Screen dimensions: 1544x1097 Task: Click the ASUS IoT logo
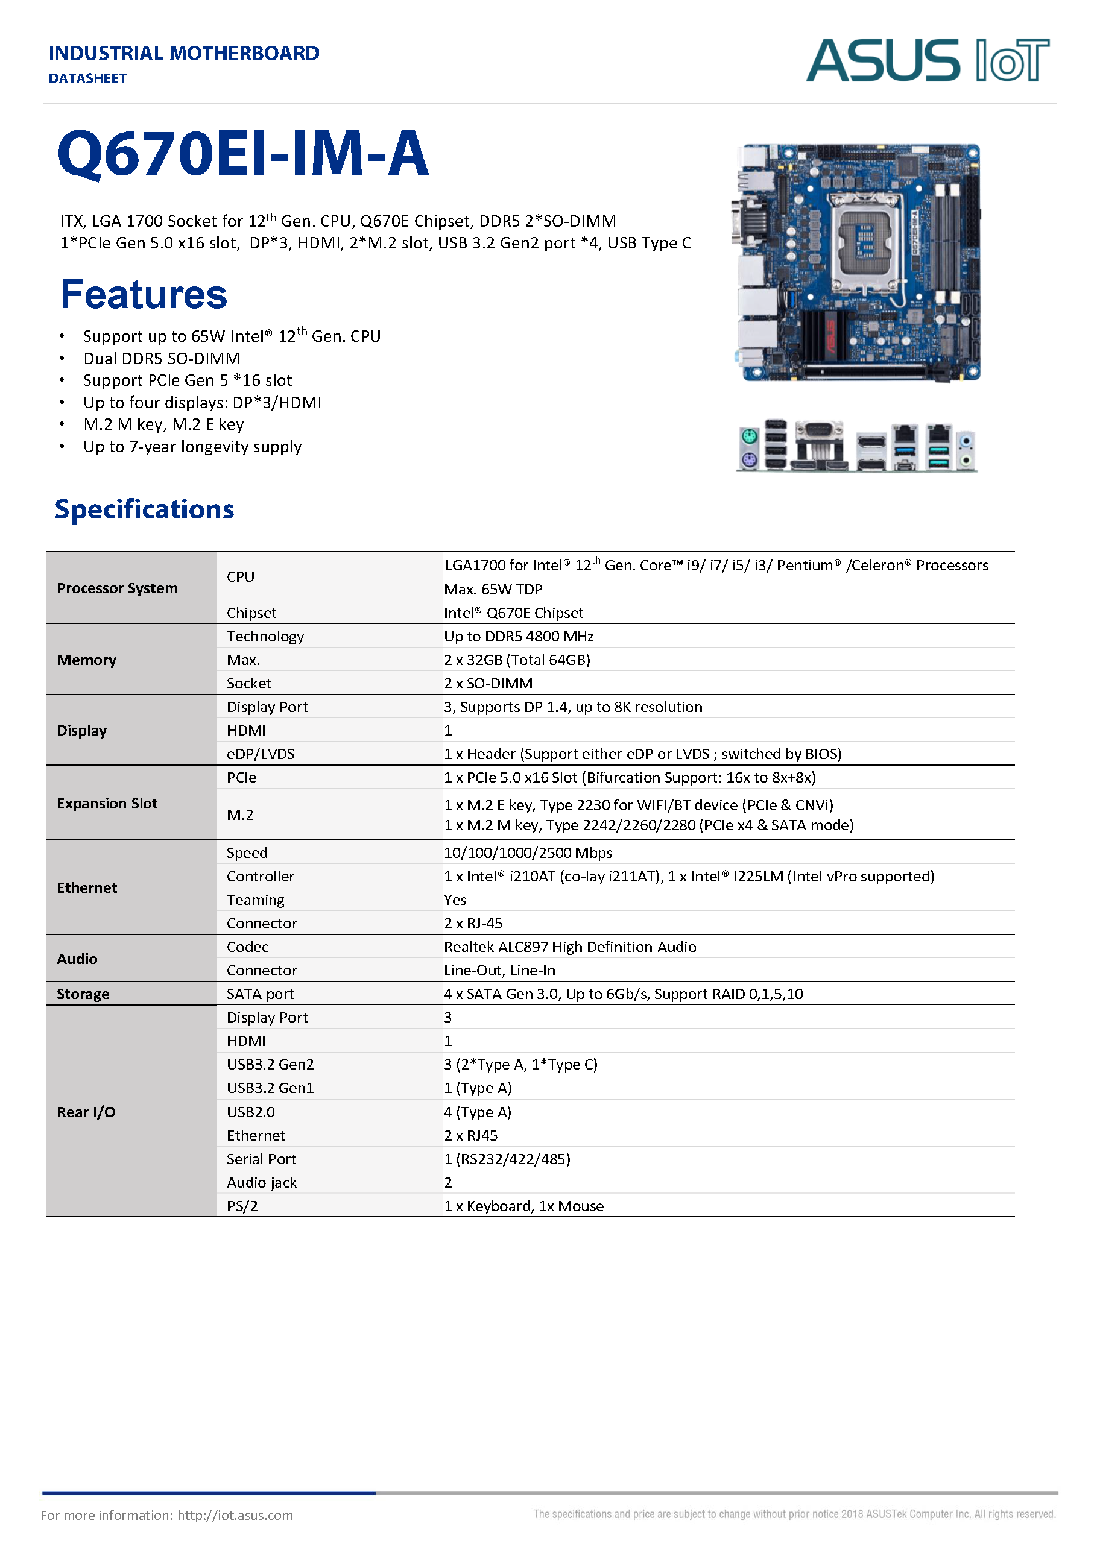927,60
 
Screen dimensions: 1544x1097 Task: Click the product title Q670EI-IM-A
243,154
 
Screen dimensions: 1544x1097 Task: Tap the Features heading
144,294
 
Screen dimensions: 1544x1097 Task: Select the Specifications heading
145,509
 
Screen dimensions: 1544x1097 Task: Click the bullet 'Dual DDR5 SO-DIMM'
162,359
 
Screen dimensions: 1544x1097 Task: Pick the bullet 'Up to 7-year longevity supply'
192,447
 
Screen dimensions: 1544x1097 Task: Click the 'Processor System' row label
118,588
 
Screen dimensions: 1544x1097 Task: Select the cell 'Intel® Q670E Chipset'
513,613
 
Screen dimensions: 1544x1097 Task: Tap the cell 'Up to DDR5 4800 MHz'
519,636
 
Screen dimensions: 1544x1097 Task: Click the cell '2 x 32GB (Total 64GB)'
517,660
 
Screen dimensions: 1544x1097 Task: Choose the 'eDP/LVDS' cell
261,754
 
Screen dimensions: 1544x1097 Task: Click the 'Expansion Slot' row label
107,804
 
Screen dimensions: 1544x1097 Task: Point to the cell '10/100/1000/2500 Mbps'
528,852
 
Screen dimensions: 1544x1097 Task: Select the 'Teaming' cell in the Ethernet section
255,900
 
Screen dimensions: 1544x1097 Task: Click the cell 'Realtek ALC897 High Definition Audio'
570,947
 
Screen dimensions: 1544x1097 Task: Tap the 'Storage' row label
83,994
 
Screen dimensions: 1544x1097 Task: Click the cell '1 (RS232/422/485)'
507,1159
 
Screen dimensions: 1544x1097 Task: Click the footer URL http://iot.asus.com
235,1515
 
